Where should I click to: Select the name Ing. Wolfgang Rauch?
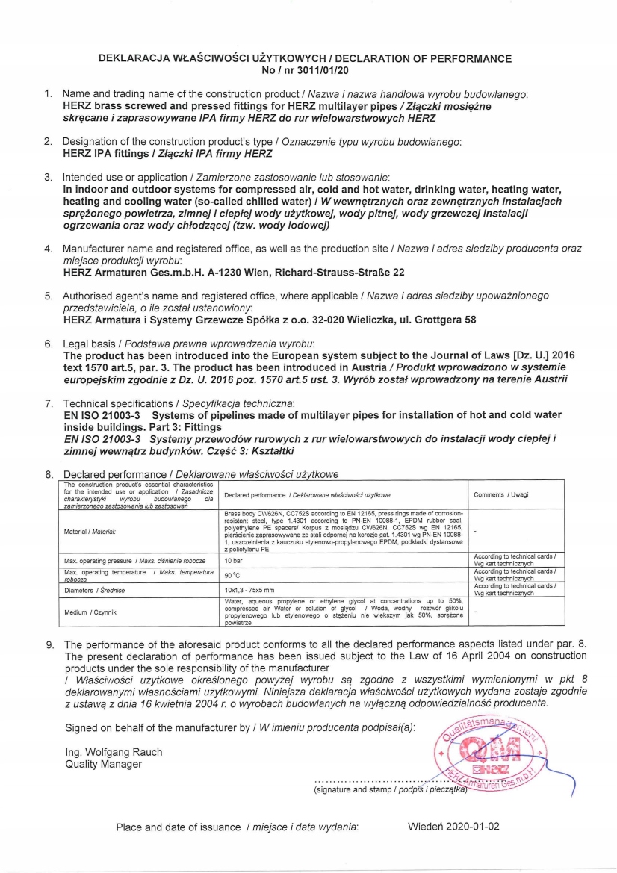click(114, 751)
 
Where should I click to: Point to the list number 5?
click(48, 296)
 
